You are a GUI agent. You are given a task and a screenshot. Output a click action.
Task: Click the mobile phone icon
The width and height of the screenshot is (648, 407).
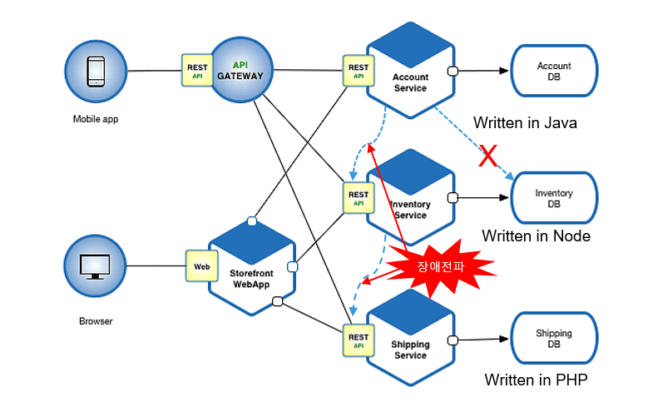96,72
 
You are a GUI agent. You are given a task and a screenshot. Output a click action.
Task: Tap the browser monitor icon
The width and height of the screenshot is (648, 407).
95,267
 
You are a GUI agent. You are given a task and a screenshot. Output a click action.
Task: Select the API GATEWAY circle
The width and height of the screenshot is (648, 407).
242,70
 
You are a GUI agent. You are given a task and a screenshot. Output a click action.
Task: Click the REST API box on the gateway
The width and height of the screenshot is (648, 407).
197,70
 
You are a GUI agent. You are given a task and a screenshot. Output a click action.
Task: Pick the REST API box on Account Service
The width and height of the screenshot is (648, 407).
359,71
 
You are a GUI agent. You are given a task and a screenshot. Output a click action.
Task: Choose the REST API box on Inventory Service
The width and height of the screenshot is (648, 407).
359,198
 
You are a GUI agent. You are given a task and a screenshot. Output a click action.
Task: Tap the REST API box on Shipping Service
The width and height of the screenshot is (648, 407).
359,340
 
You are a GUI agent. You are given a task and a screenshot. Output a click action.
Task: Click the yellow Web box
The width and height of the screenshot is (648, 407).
202,266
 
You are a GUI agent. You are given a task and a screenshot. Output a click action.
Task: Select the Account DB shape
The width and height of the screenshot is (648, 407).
554,71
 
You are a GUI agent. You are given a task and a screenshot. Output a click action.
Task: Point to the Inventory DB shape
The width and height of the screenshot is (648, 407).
554,198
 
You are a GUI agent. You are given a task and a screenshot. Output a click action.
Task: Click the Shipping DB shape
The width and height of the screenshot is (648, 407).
554,339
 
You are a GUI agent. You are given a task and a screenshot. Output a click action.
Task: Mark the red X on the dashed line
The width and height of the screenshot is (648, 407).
488,156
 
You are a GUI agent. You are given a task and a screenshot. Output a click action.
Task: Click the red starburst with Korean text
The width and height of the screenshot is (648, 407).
441,267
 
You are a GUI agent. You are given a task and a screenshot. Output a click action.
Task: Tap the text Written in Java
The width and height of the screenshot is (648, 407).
525,123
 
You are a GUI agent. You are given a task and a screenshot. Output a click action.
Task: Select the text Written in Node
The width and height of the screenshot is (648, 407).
536,236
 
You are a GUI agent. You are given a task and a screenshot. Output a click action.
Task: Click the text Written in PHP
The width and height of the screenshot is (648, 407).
536,380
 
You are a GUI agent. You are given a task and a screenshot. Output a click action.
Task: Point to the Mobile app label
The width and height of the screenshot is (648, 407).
96,119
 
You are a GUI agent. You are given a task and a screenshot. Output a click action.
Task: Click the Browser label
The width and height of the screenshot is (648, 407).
96,321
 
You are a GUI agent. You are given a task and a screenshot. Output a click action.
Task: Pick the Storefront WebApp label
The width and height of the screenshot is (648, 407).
251,279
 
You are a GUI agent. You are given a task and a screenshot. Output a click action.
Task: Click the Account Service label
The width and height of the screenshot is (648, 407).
410,82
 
